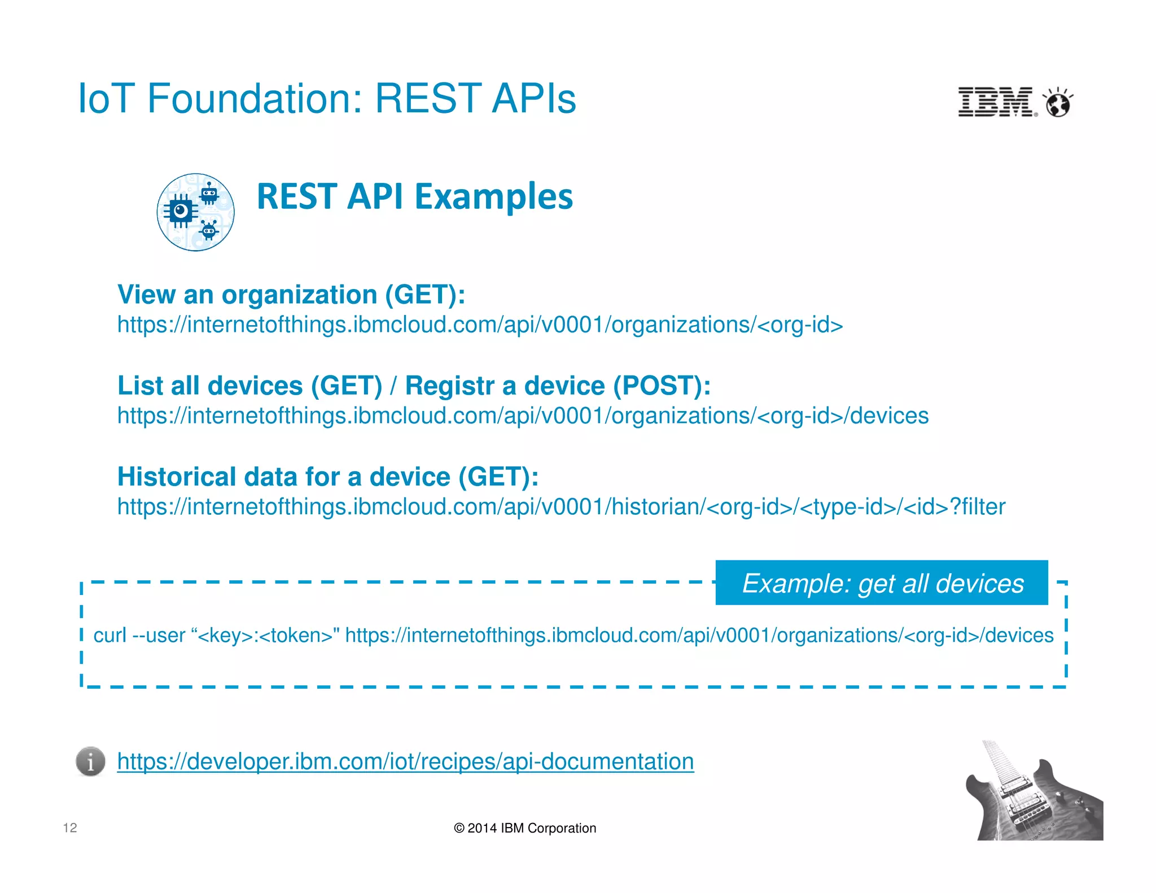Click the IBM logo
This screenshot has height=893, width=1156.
point(996,102)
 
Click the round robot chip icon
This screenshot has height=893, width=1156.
point(195,212)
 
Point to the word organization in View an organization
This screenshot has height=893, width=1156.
point(299,295)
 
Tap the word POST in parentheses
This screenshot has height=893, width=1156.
point(656,386)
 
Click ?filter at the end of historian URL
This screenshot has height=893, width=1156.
point(978,507)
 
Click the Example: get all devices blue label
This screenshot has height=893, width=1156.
point(882,583)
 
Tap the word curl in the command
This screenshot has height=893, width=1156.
point(110,636)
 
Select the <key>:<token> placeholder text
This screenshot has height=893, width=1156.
point(265,636)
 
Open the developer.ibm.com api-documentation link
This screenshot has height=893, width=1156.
point(405,761)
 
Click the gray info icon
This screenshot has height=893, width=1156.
point(90,761)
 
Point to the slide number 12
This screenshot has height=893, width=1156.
point(70,828)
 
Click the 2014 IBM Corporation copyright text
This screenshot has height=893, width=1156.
point(525,828)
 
